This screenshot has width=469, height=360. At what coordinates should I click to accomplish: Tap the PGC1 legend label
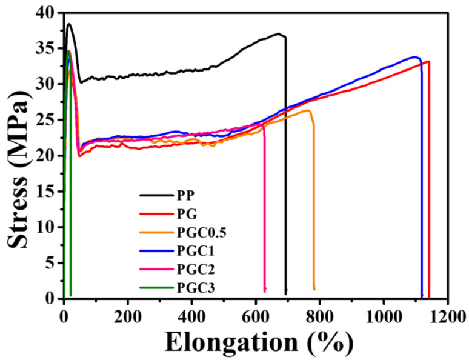point(191,245)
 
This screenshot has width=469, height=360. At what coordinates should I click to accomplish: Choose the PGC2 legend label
point(191,262)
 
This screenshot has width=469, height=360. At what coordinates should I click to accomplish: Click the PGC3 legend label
point(191,278)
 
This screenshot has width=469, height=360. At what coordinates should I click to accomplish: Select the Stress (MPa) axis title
point(18,155)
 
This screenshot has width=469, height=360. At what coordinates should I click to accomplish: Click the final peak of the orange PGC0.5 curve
point(308,110)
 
